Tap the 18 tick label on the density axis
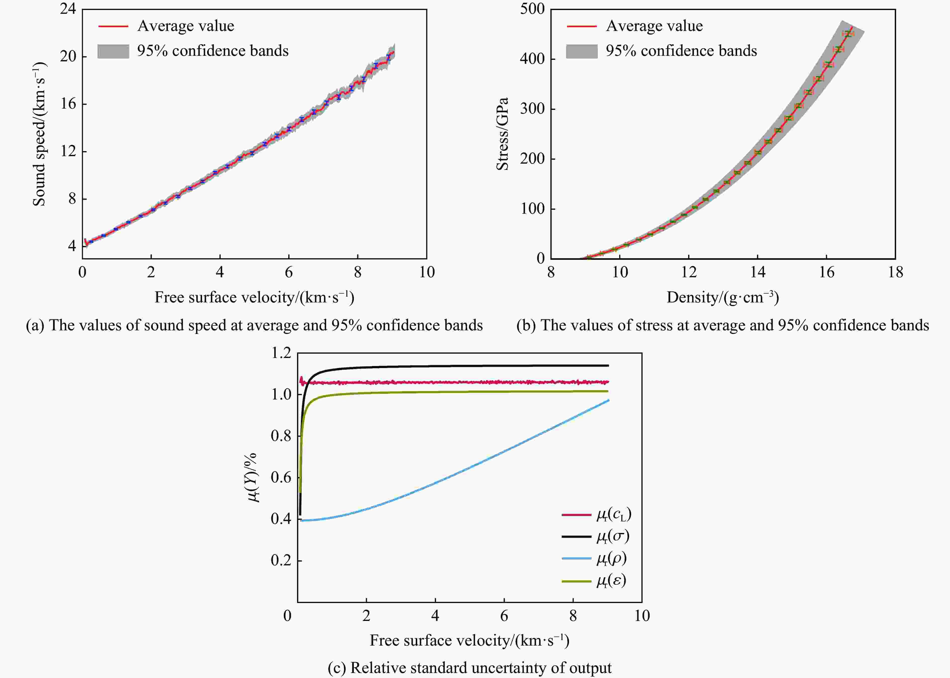pos(895,272)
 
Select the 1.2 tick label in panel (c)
pos(281,353)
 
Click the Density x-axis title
pos(723,297)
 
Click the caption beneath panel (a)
pos(254,325)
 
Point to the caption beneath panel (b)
pos(723,325)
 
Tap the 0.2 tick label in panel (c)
pos(281,560)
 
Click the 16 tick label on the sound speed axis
pos(68,104)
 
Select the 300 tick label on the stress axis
pos(532,109)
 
